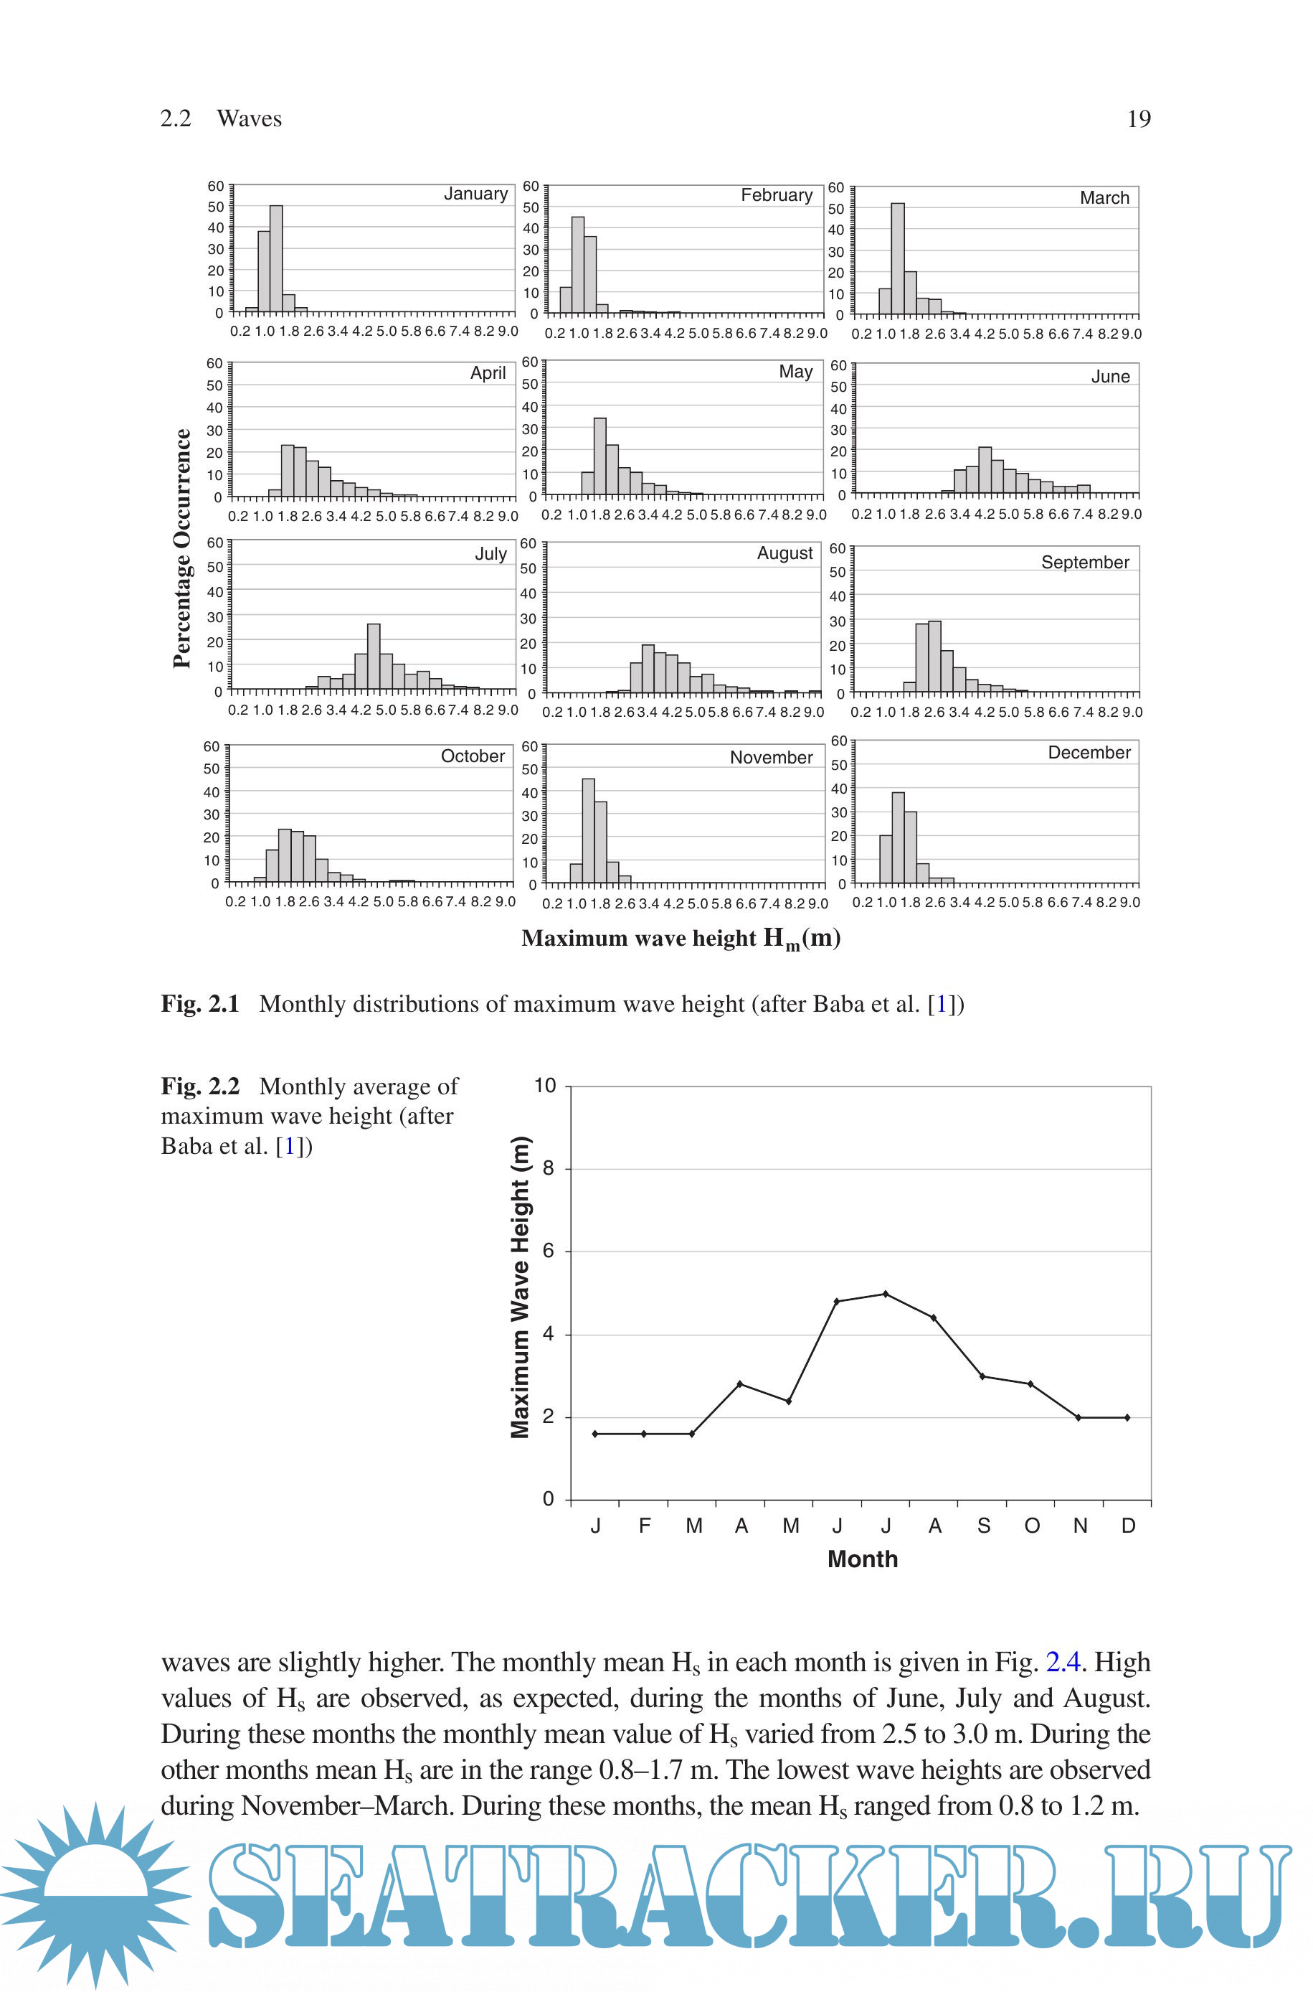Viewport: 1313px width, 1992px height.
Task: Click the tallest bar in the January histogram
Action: click(275, 258)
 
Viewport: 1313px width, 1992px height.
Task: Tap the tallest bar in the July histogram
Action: click(374, 657)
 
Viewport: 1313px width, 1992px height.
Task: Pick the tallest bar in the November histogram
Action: click(588, 830)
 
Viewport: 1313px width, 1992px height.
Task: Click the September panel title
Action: click(1084, 562)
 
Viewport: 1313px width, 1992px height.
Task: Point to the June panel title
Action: click(1109, 377)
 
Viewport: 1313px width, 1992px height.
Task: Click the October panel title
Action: click(473, 756)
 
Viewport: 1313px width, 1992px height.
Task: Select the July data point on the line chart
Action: click(885, 1295)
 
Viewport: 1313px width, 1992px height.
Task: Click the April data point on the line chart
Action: click(739, 1383)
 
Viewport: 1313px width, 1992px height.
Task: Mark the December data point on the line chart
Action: click(1127, 1417)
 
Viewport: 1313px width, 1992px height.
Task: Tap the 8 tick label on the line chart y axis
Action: click(549, 1168)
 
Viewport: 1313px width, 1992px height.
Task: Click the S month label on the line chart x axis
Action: click(984, 1526)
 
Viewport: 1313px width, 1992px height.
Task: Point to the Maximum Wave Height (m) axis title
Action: click(520, 1287)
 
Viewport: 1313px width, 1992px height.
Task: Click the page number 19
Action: click(1138, 119)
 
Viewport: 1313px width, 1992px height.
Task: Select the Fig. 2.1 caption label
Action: click(200, 1004)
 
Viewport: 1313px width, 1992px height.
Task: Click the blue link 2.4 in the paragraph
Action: click(1063, 1662)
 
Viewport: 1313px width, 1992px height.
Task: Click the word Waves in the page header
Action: click(249, 119)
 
